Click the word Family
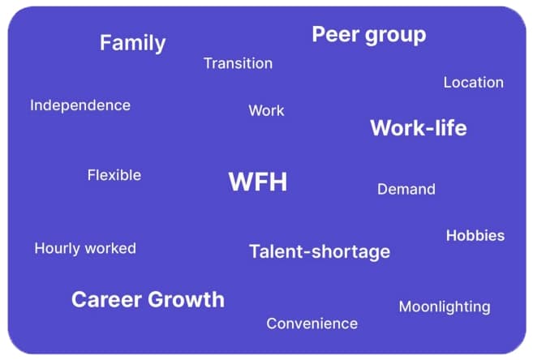pos(132,43)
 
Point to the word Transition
pos(238,63)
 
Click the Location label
pos(473,83)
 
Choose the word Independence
pos(80,105)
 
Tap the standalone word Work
pos(266,110)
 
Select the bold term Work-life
pos(418,128)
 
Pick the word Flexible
pos(114,175)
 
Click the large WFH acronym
pos(257,182)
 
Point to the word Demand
pos(406,190)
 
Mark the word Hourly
pos(58,249)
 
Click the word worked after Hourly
pos(111,248)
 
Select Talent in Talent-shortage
pos(275,252)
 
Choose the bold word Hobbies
pos(475,236)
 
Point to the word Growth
pos(187,299)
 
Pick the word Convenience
pos(312,324)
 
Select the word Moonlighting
pos(444,307)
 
